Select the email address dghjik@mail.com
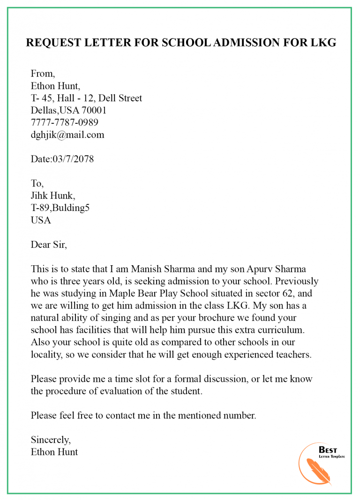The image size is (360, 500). pyautogui.click(x=67, y=135)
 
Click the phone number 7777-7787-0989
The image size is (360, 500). pyautogui.click(x=65, y=123)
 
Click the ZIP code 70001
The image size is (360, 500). pyautogui.click(x=93, y=111)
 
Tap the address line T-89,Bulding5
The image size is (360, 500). pyautogui.click(x=60, y=208)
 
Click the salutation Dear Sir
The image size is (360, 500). pyautogui.click(x=49, y=244)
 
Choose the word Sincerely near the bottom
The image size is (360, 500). pyautogui.click(x=51, y=440)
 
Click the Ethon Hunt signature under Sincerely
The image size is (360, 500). pyautogui.click(x=54, y=452)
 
